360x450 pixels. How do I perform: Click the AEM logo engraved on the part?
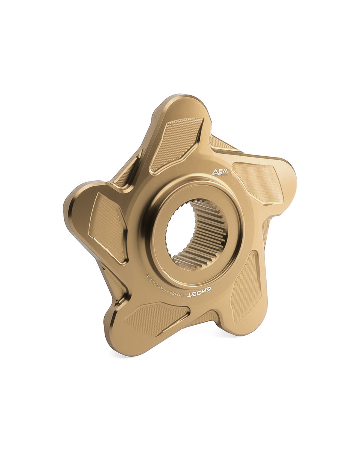[x=220, y=172]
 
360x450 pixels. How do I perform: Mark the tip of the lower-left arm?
[x=116, y=341]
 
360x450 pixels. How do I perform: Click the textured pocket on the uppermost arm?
[x=176, y=142]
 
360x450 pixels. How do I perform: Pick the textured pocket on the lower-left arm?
[x=156, y=319]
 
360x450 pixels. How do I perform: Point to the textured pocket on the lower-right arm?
[x=246, y=287]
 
